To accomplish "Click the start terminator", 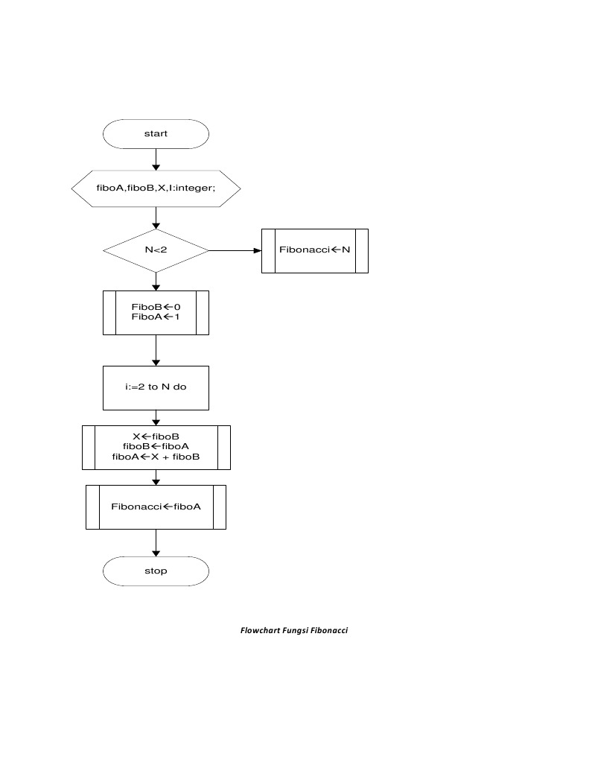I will pyautogui.click(x=156, y=134).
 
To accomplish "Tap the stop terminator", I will pyautogui.click(x=156, y=571).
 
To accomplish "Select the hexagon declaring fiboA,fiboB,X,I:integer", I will pyautogui.click(x=156, y=188).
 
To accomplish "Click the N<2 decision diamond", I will pyautogui.click(x=156, y=250).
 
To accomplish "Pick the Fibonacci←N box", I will pyautogui.click(x=314, y=250).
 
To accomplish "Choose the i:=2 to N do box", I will pyautogui.click(x=156, y=387).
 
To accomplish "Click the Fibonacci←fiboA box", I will pyautogui.click(x=156, y=507).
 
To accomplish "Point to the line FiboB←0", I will pyautogui.click(x=156, y=307).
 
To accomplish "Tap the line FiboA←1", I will pyautogui.click(x=156, y=317).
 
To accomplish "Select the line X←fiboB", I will pyautogui.click(x=156, y=436).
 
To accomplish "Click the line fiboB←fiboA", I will pyautogui.click(x=156, y=446).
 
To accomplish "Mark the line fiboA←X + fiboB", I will pyautogui.click(x=156, y=457).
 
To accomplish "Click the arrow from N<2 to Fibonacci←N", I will pyautogui.click(x=235, y=250).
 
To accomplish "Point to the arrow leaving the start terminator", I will pyautogui.click(x=156, y=159).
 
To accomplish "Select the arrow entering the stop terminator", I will pyautogui.click(x=156, y=543).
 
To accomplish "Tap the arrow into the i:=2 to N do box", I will pyautogui.click(x=156, y=350).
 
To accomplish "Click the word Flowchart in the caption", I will pyautogui.click(x=260, y=631).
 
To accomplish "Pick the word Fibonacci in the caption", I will pyautogui.click(x=329, y=631).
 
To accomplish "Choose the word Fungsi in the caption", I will pyautogui.click(x=295, y=631).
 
